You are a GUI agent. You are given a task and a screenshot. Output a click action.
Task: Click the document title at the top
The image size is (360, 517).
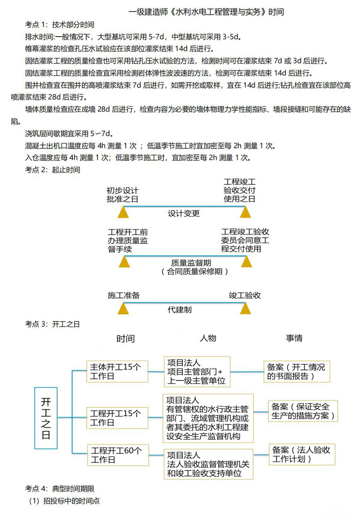(x=206, y=12)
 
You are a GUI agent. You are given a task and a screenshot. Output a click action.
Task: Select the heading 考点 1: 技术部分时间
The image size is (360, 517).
(x=59, y=24)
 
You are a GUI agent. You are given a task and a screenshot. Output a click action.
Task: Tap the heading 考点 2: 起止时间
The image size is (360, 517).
(x=53, y=170)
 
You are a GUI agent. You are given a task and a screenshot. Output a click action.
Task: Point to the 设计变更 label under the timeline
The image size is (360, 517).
(x=184, y=213)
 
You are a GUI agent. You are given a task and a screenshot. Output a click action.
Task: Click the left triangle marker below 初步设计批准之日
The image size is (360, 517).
(x=123, y=212)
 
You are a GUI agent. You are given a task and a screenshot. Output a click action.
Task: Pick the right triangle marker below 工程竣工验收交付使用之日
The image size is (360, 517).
(x=245, y=212)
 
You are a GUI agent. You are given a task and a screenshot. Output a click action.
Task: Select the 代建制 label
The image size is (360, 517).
(x=180, y=310)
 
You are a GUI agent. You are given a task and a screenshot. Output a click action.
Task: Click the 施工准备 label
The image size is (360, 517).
(x=124, y=295)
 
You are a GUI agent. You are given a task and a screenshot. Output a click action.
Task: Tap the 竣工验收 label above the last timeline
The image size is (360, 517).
(x=245, y=295)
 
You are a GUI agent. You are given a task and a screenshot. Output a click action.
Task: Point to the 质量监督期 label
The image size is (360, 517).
(x=191, y=263)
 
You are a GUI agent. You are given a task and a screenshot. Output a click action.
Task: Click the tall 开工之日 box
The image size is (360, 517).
(x=46, y=418)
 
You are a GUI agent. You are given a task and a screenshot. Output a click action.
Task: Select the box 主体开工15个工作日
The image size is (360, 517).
(x=117, y=371)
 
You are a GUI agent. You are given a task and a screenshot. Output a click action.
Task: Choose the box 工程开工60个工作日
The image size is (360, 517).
(x=118, y=455)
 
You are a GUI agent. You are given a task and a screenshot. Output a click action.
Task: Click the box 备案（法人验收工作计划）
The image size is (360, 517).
(x=302, y=454)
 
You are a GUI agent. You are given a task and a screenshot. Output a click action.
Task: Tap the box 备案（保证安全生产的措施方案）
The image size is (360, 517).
(x=303, y=411)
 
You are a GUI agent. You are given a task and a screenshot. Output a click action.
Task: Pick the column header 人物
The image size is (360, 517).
(x=208, y=338)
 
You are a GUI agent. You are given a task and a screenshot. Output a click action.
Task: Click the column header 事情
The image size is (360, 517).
(x=294, y=338)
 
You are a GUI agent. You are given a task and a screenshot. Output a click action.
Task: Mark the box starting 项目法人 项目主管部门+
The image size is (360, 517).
(x=197, y=372)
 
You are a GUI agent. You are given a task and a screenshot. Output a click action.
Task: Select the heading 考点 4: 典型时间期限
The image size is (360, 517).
(x=59, y=488)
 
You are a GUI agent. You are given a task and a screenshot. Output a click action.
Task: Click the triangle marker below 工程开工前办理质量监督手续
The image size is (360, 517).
(x=125, y=262)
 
